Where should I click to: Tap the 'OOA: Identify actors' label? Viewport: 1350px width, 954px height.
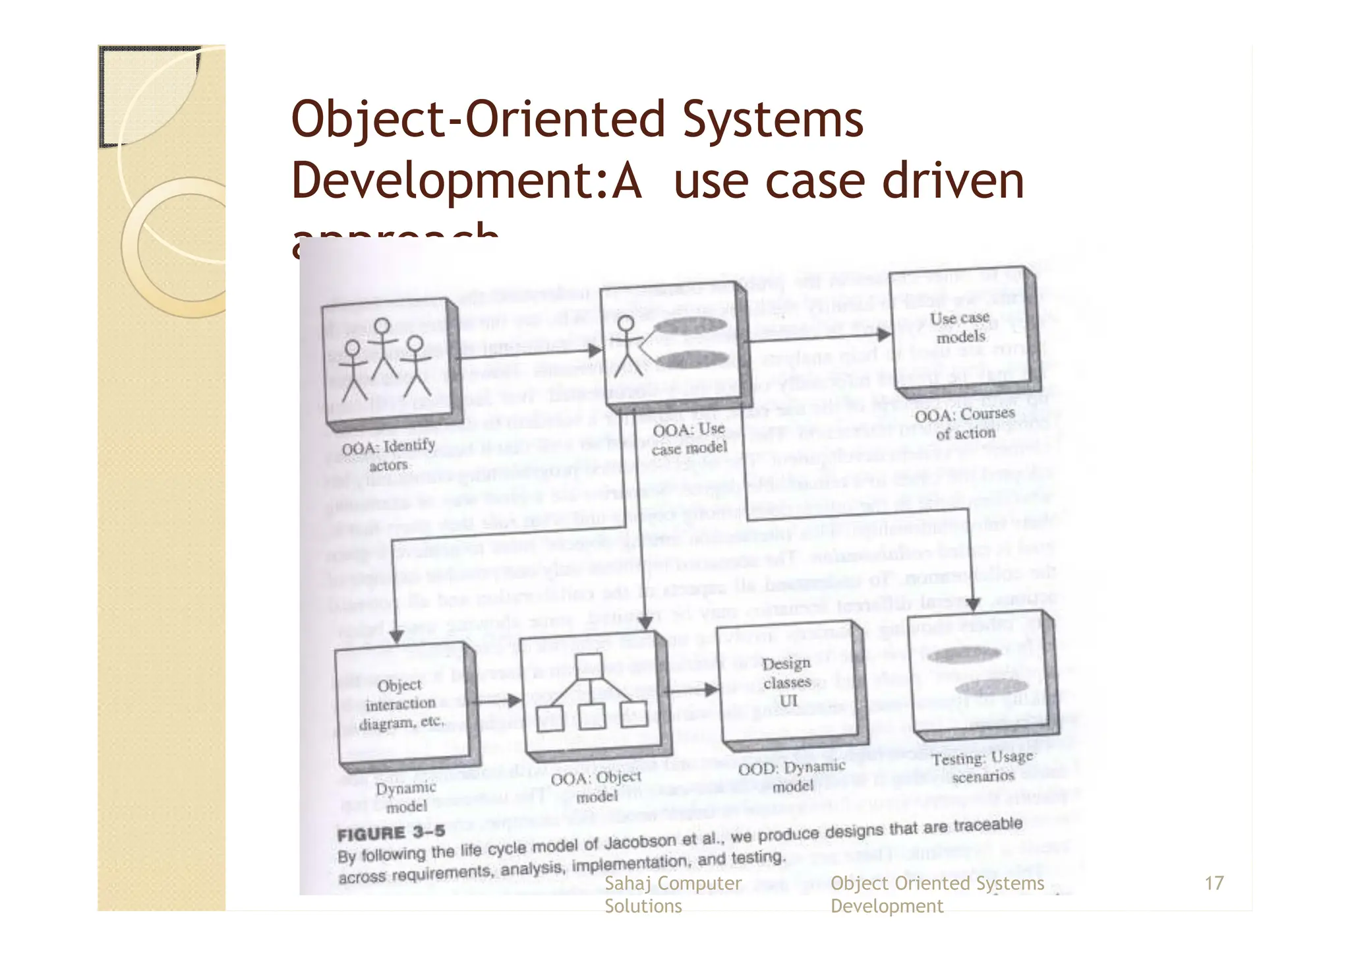pyautogui.click(x=388, y=455)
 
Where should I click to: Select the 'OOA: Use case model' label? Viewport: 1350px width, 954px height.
pyautogui.click(x=689, y=439)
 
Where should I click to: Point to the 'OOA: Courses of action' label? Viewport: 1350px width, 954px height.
pyautogui.click(x=965, y=423)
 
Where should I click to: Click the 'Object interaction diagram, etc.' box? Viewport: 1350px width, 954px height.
pyautogui.click(x=400, y=704)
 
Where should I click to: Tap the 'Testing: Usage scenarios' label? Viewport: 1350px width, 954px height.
pyautogui.click(x=982, y=767)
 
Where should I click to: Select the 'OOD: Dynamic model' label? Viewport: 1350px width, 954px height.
pyautogui.click(x=792, y=776)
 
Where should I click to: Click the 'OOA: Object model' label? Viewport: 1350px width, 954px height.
pyautogui.click(x=596, y=787)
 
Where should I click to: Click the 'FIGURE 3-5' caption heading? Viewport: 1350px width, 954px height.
pyautogui.click(x=391, y=833)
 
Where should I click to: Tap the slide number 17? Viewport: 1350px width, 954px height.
pyautogui.click(x=1214, y=883)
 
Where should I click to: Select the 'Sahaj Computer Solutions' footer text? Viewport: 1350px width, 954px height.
pyautogui.click(x=672, y=894)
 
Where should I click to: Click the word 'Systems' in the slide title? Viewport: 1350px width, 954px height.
pyautogui.click(x=773, y=119)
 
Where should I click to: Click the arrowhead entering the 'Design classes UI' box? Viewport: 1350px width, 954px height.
pyautogui.click(x=711, y=690)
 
